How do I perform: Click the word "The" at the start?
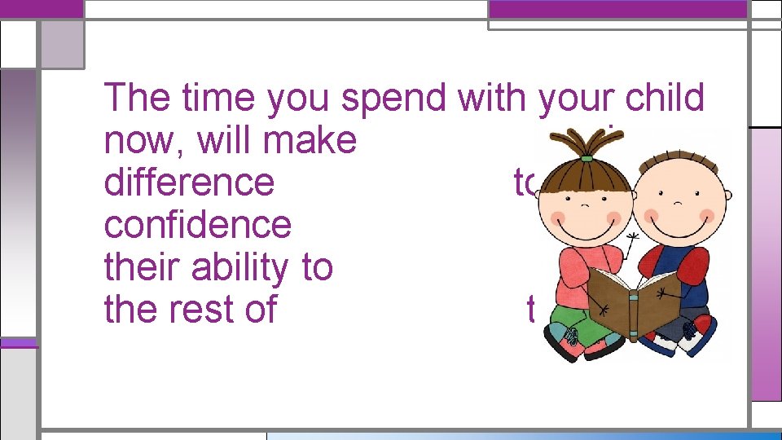(135, 98)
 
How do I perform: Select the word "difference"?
(189, 183)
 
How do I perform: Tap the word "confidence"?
(197, 225)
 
